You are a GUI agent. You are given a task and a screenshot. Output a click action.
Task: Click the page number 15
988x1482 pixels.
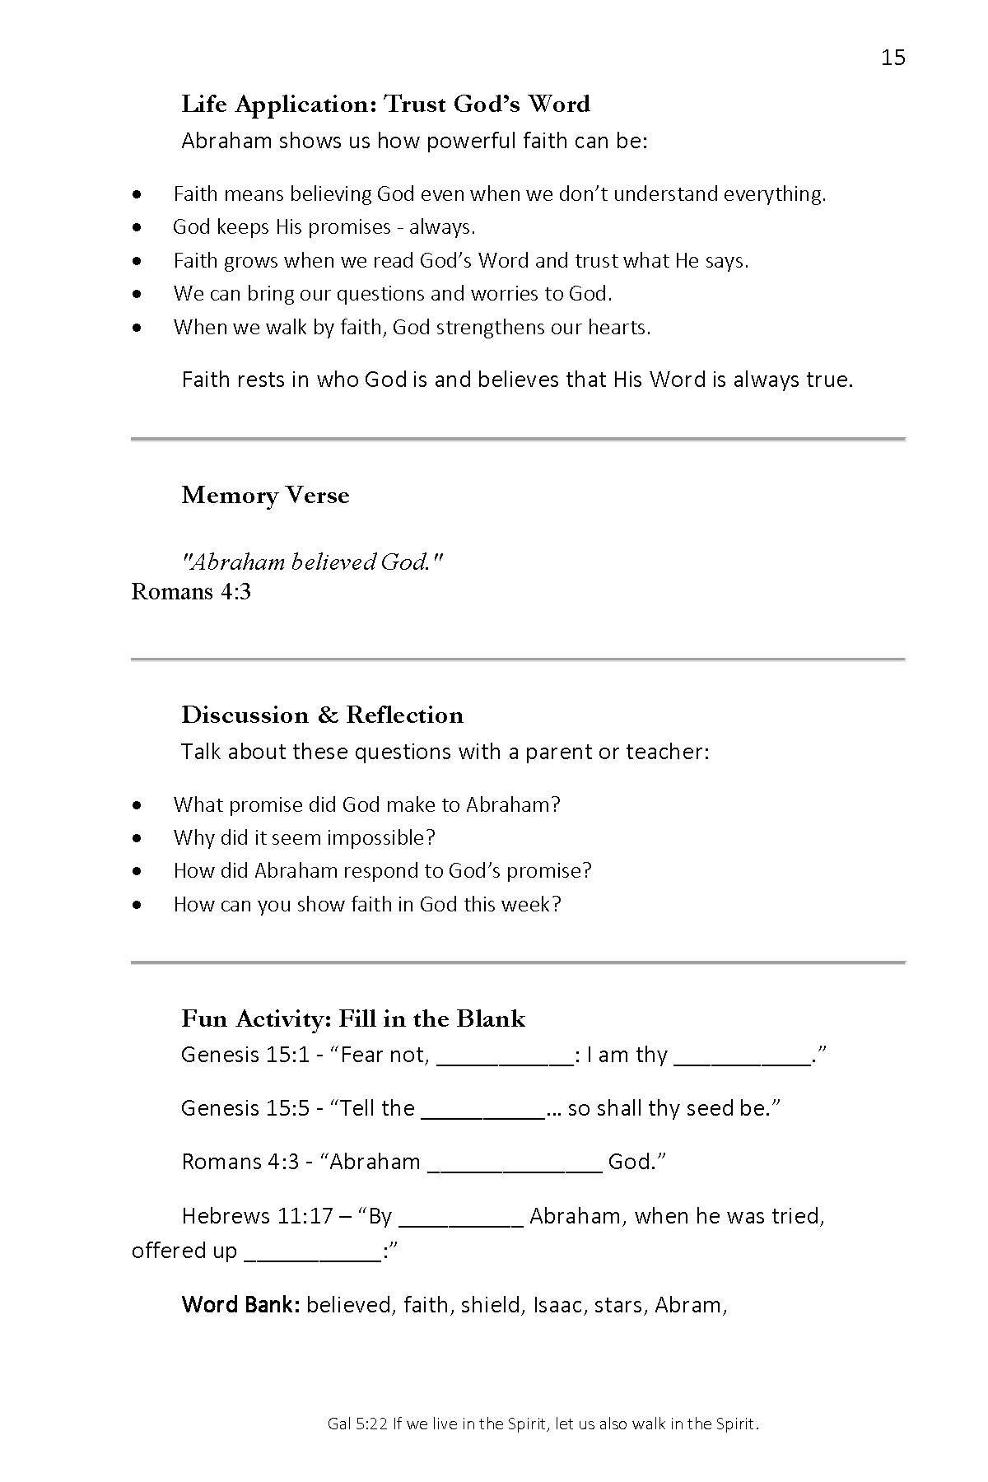tap(892, 58)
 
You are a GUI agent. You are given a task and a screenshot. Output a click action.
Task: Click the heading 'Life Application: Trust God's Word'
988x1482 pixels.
tap(385, 105)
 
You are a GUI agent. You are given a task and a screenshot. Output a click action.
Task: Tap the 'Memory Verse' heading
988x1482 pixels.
tap(265, 495)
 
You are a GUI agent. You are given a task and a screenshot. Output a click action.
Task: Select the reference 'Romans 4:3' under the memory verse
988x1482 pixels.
tap(191, 591)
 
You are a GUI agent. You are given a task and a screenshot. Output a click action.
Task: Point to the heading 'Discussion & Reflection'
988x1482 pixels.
tap(322, 715)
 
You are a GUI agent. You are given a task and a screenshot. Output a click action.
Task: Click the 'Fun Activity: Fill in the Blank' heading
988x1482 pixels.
tap(352, 1018)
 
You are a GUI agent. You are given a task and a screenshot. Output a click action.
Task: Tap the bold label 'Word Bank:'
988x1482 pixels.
tap(240, 1305)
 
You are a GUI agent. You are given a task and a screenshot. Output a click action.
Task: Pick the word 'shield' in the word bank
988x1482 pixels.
tap(491, 1305)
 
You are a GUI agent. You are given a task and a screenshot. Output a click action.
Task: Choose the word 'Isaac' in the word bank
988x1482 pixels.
tap(557, 1305)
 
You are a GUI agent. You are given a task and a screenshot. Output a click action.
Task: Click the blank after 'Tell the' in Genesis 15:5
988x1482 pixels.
tap(482, 1111)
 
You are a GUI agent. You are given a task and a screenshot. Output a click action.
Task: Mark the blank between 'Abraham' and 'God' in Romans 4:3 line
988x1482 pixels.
tap(515, 1165)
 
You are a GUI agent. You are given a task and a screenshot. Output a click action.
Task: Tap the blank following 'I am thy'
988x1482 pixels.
tap(742, 1058)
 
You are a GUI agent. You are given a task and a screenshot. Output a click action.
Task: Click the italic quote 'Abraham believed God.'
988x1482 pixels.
tap(312, 562)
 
